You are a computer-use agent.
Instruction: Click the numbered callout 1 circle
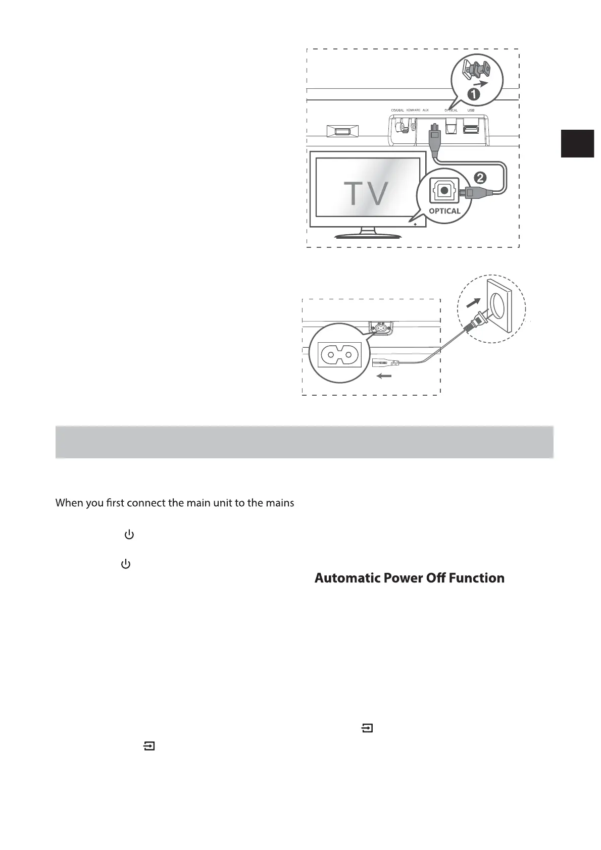(473, 94)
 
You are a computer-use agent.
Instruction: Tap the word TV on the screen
(366, 193)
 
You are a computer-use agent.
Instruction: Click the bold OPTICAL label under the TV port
(444, 211)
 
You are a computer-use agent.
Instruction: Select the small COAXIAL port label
(397, 111)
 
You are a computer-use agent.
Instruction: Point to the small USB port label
(471, 111)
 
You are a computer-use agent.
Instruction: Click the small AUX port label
(425, 111)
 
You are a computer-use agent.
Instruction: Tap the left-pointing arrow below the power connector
(384, 376)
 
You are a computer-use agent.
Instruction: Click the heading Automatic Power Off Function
(409, 578)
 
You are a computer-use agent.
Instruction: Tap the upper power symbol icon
(129, 535)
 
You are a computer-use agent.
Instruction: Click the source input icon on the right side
(367, 728)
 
